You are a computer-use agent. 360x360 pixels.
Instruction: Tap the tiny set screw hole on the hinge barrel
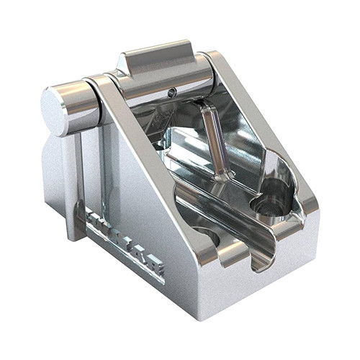point(171,91)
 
